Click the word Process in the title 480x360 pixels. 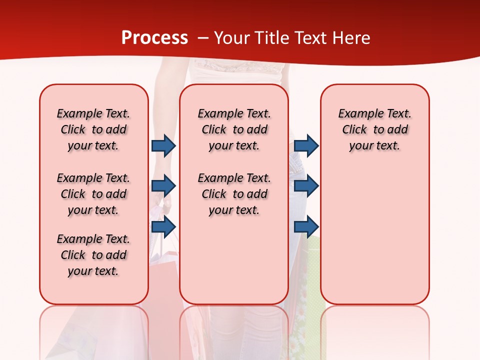[154, 38]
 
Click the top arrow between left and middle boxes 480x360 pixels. [163, 146]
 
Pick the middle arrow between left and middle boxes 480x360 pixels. [163, 186]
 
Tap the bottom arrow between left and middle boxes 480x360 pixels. [163, 227]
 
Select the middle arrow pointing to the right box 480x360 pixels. [306, 186]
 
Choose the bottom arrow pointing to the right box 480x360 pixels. [306, 227]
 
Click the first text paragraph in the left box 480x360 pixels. [93, 129]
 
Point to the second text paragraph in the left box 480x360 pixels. [93, 194]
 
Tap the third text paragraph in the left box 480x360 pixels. [93, 255]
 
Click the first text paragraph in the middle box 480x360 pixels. [234, 129]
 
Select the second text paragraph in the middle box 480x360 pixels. [234, 194]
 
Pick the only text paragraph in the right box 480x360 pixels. [374, 129]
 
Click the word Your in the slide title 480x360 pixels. [231, 38]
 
